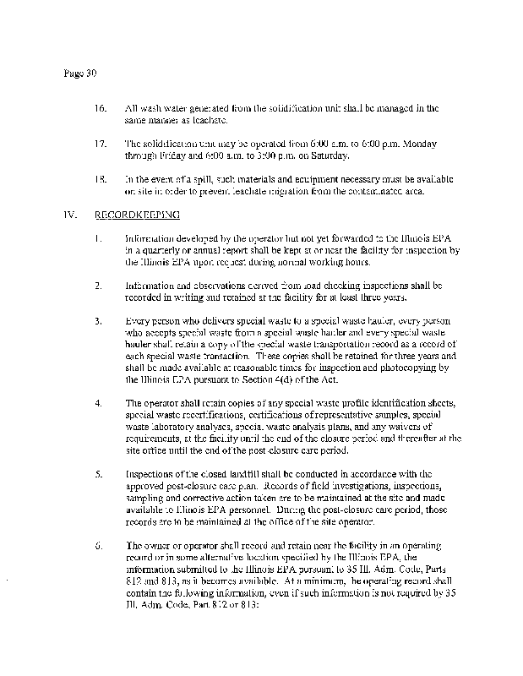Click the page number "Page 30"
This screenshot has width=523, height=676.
pos(81,73)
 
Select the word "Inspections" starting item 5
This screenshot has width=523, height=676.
pos(149,474)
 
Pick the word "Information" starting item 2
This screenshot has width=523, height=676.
pos(150,285)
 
